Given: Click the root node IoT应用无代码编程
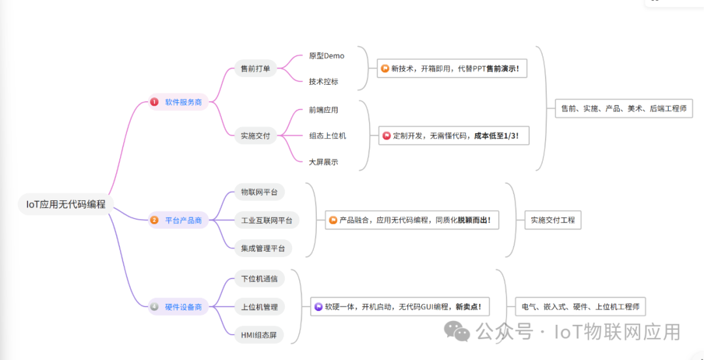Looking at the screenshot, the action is (x=66, y=204).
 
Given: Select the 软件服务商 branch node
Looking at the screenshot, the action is (x=183, y=102).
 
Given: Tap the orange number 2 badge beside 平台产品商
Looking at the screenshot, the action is (x=154, y=220).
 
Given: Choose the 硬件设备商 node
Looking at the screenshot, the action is (x=183, y=307).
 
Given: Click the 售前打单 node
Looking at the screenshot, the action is (x=256, y=68).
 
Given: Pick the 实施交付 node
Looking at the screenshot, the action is (x=256, y=136).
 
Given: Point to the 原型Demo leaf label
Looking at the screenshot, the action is (x=327, y=55).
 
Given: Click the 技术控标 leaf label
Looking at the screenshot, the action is (x=323, y=82).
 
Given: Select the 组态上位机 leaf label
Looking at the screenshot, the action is (x=327, y=136).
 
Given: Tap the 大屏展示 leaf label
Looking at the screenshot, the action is (x=323, y=162).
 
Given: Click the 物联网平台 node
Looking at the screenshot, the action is (x=259, y=192).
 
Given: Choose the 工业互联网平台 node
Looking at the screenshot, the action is (x=267, y=220).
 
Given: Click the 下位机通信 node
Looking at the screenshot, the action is (x=259, y=278).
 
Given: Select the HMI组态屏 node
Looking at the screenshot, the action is (x=259, y=335).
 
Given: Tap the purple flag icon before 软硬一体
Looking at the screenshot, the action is (x=319, y=307).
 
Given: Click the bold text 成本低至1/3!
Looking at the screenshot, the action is (x=496, y=136).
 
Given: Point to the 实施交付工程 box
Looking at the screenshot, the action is (x=553, y=220).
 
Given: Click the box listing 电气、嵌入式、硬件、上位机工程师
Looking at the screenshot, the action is (x=580, y=307).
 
